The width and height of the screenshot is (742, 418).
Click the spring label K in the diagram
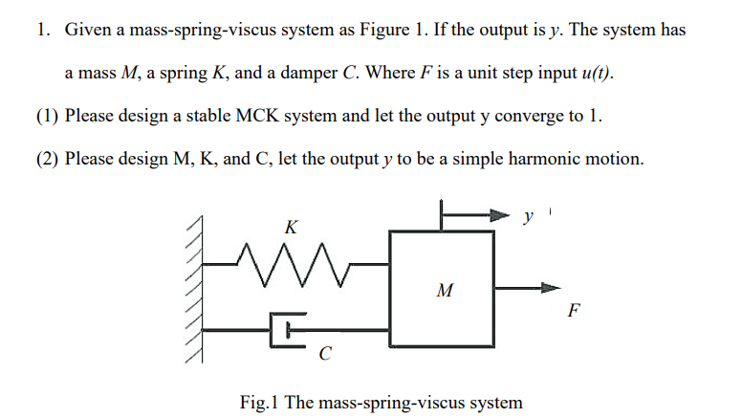click(x=291, y=227)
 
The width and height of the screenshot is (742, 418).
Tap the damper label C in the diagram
click(x=325, y=356)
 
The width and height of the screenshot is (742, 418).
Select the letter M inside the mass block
click(x=443, y=290)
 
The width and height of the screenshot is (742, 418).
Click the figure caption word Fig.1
click(x=259, y=402)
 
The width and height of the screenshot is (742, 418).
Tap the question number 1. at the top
click(x=43, y=30)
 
